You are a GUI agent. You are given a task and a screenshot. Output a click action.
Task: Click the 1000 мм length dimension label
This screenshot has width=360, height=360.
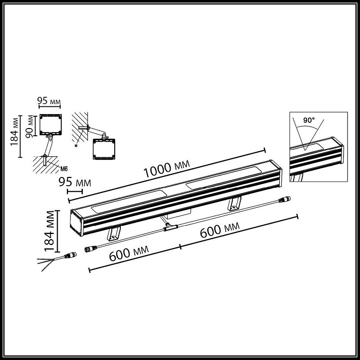pyautogui.click(x=166, y=169)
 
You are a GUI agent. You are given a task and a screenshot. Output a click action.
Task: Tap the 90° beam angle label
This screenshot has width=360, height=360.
pyautogui.click(x=309, y=120)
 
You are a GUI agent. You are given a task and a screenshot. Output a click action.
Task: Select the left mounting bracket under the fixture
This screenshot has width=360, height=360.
pyautogui.click(x=113, y=234)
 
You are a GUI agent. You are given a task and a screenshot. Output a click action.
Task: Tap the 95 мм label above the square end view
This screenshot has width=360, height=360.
pyautogui.click(x=50, y=101)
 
